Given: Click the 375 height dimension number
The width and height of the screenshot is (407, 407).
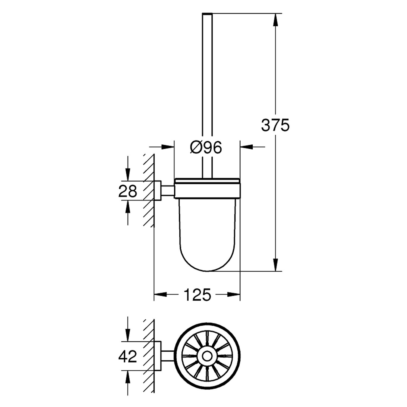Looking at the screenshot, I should point(275,125).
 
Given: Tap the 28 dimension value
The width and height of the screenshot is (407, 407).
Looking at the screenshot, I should point(128,191).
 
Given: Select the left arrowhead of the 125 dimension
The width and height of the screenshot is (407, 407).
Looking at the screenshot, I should point(160,294).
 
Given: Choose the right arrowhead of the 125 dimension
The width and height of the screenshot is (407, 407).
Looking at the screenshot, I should point(234,294).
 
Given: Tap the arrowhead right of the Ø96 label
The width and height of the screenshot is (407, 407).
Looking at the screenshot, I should point(246,147).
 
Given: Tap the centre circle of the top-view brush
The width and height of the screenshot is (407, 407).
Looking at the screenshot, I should point(207,356).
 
